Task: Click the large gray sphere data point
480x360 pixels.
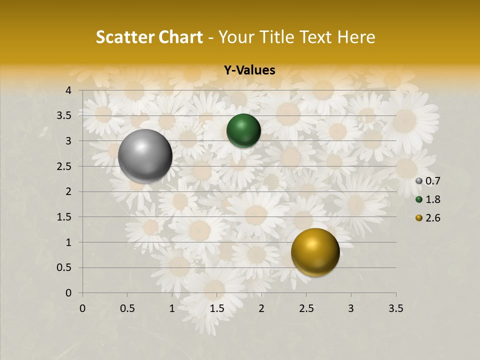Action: point(145,155)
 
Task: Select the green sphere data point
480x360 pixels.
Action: point(243,130)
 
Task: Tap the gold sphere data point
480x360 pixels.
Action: point(315,252)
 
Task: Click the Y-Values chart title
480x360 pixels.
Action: point(249,70)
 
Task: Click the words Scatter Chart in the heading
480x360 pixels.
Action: point(149,37)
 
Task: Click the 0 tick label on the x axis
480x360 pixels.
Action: point(82,308)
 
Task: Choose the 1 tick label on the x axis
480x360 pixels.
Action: point(172,308)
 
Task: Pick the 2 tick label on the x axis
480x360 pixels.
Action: point(261,308)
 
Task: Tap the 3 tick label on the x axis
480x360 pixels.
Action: point(351,308)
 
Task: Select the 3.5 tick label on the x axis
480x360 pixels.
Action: point(395,308)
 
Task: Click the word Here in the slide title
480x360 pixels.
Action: point(356,37)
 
